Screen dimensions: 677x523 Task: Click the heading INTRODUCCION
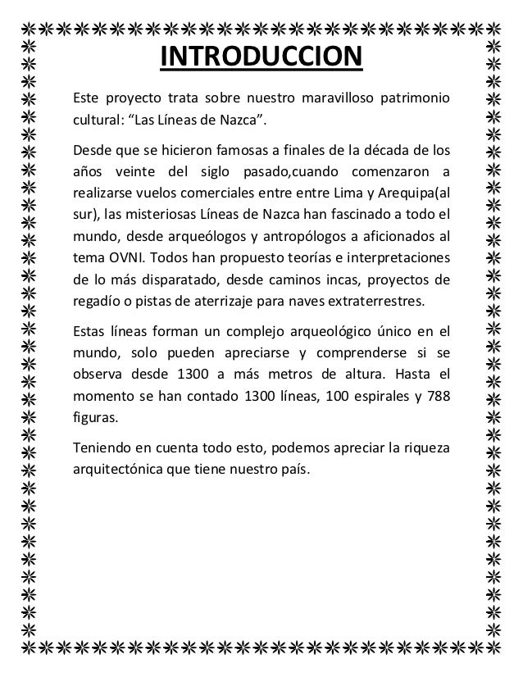point(260,58)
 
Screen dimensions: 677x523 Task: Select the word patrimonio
point(412,100)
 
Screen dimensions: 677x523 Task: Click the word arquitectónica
point(121,470)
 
